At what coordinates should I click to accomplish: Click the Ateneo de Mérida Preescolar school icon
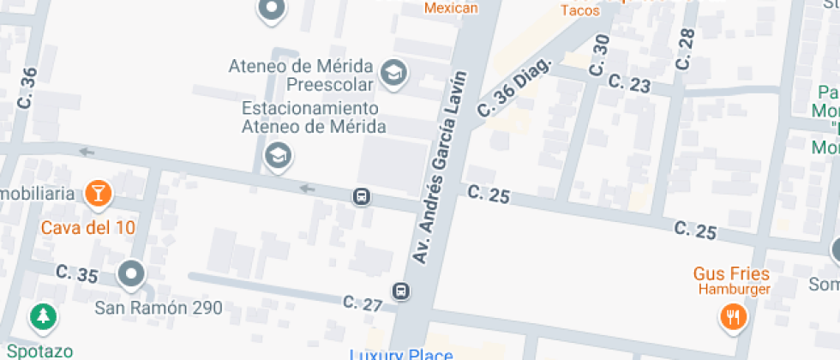pyautogui.click(x=394, y=75)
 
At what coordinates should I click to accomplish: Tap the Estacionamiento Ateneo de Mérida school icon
pyautogui.click(x=279, y=156)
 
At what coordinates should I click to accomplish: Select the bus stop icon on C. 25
pyautogui.click(x=362, y=197)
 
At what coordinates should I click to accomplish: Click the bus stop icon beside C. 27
pyautogui.click(x=400, y=291)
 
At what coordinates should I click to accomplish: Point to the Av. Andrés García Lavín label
pyautogui.click(x=441, y=167)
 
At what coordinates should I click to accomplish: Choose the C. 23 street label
pyautogui.click(x=629, y=82)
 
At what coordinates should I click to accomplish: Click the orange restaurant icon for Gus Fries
pyautogui.click(x=734, y=318)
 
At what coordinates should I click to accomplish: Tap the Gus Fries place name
pyautogui.click(x=731, y=274)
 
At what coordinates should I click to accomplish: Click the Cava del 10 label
pyautogui.click(x=89, y=228)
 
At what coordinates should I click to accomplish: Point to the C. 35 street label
pyautogui.click(x=77, y=274)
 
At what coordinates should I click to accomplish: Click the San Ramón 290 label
pyautogui.click(x=159, y=307)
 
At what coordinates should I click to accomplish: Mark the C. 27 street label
pyautogui.click(x=362, y=303)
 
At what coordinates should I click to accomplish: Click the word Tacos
pyautogui.click(x=580, y=10)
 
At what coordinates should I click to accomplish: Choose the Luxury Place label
pyautogui.click(x=401, y=353)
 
